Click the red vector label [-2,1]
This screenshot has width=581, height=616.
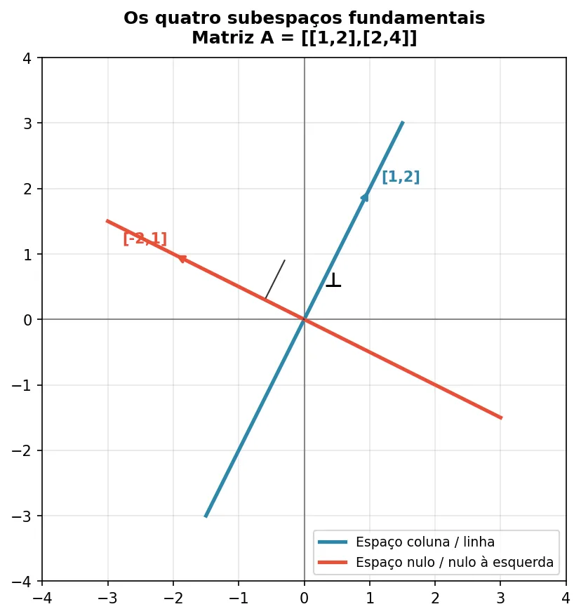coord(145,239)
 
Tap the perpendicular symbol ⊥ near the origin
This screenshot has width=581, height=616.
coord(333,280)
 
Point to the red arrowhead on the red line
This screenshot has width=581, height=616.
coord(181,258)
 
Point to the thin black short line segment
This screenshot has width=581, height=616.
coord(275,279)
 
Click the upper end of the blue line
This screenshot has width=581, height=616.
coord(403,122)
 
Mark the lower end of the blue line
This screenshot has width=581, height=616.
coord(206,516)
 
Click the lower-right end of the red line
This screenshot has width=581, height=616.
coord(501,417)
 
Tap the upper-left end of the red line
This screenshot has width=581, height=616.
coord(107,220)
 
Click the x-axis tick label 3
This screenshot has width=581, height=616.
coord(500,598)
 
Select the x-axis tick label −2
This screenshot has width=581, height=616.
coord(173,598)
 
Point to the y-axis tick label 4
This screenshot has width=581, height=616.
coord(28,58)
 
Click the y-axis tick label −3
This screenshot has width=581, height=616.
coord(25,516)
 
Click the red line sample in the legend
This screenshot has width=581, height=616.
coord(333,562)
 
